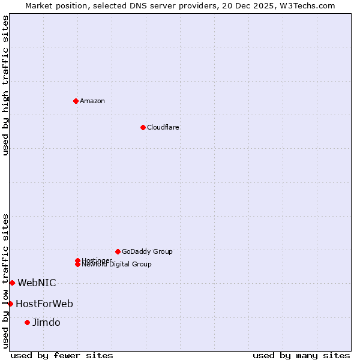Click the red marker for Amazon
coord(76,101)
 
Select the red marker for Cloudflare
coord(143,127)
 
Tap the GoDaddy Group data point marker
coord(118,251)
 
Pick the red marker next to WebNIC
coord(12,283)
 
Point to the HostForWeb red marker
coord(10,304)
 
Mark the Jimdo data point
coord(27,322)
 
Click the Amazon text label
coord(92,101)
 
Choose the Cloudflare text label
coord(163,127)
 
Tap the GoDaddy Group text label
coord(147,251)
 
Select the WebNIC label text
coord(37,283)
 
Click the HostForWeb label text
coord(44,304)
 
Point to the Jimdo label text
coord(46,322)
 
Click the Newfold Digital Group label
coord(117,265)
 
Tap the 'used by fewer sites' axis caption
coord(62,355)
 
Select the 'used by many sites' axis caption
coord(301,355)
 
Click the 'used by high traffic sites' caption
coord(6,85)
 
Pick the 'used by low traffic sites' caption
coord(6,281)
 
